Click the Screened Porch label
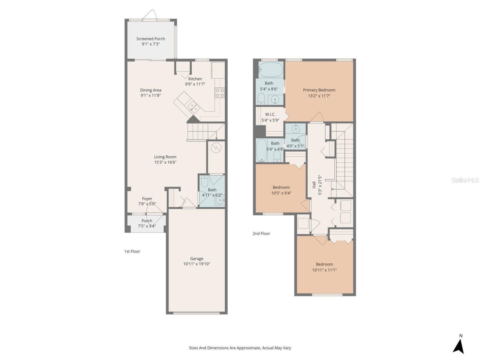point(150,39)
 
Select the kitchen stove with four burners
point(220,93)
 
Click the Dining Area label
point(151,90)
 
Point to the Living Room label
point(165,157)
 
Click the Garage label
point(196,258)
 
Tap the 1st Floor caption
point(132,251)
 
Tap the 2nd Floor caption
point(261,233)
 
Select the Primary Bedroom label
point(319,90)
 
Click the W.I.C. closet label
point(270,114)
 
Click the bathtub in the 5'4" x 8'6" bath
point(270,69)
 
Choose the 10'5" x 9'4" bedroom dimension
point(281,193)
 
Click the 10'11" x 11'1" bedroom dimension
point(324,270)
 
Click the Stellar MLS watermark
point(465,180)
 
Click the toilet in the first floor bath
point(205,182)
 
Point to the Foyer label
point(147,199)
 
